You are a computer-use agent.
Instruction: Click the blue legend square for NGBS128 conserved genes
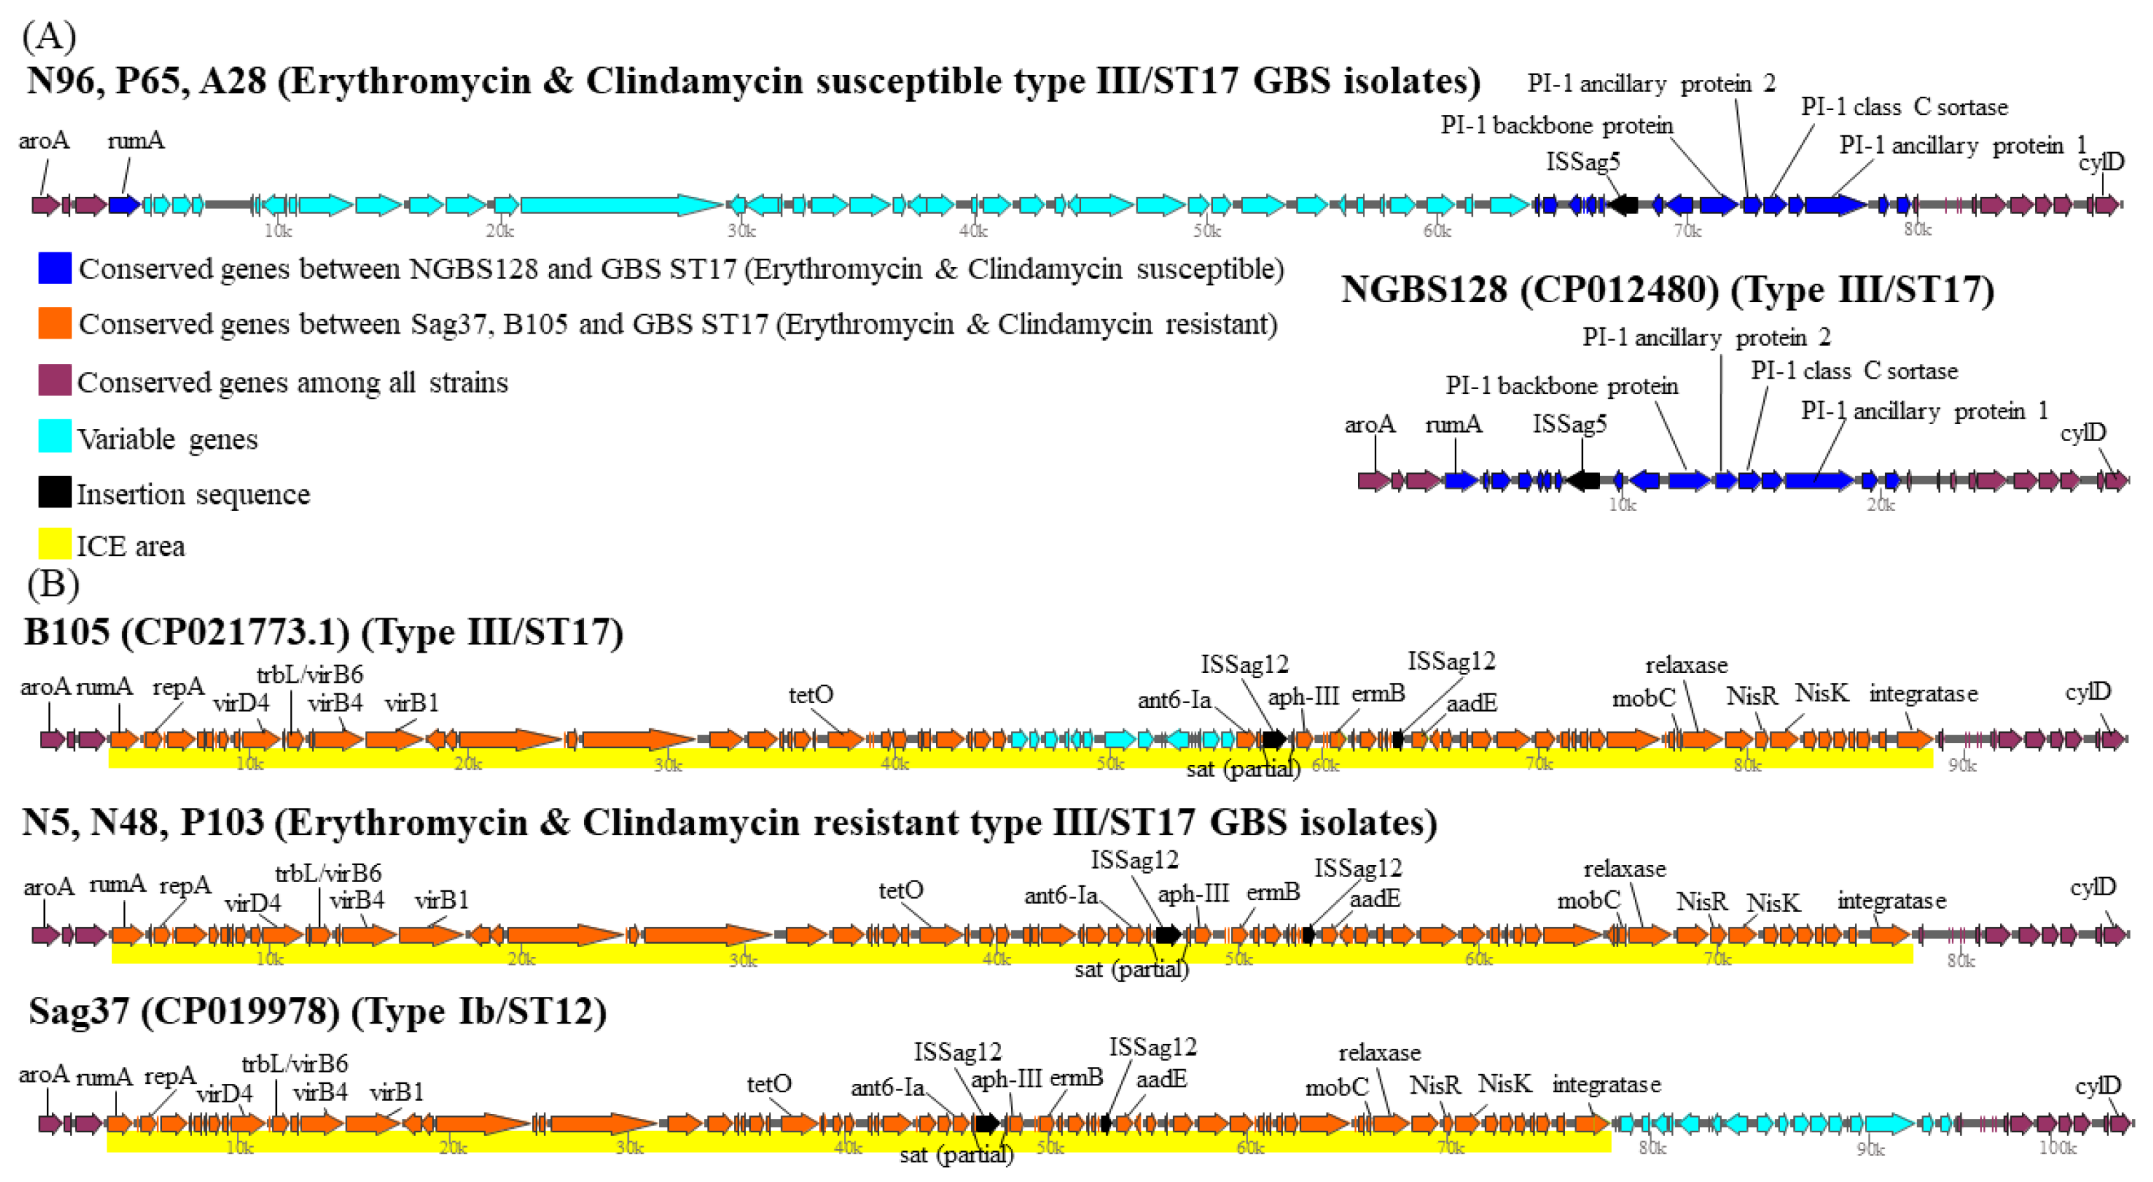54,269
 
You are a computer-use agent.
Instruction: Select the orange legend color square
54,323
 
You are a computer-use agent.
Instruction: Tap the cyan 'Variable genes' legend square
54,437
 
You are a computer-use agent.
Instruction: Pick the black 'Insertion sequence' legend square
54,492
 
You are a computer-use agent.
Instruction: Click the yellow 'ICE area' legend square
54,544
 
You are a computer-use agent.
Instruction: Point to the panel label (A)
49,36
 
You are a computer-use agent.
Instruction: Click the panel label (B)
53,583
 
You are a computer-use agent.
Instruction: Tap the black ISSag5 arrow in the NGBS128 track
1583,480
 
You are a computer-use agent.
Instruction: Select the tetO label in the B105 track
810,695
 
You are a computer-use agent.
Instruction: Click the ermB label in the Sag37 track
1075,1078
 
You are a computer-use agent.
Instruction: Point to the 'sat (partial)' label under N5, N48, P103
1131,970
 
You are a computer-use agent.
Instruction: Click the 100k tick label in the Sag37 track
2057,1148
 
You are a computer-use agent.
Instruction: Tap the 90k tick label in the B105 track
1962,765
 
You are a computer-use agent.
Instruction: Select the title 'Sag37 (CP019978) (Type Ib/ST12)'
318,1012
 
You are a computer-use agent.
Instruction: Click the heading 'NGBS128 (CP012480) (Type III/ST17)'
1667,290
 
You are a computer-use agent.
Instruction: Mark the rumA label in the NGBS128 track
1453,425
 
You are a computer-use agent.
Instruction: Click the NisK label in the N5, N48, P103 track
1773,903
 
